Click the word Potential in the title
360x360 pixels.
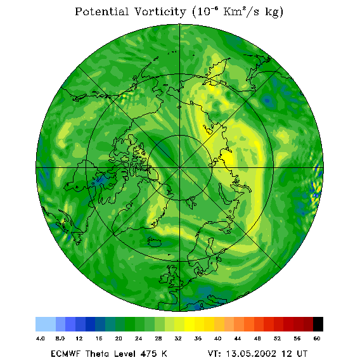tap(101, 11)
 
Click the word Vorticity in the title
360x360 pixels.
tap(160, 11)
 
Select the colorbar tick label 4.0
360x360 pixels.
tap(40, 338)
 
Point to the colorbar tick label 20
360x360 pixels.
tap(119, 338)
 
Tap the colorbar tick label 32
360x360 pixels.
tap(178, 338)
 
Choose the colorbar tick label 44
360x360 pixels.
tap(238, 338)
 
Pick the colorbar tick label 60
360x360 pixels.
tap(317, 338)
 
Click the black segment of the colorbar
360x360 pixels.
tap(318, 324)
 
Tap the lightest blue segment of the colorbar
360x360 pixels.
tap(46, 324)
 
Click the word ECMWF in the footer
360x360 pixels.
tap(65, 354)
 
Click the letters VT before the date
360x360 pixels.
tap(214, 354)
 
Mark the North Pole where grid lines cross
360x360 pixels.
tap(179, 168)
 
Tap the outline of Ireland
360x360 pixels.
tap(164, 278)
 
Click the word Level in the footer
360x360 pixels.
tap(124, 354)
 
